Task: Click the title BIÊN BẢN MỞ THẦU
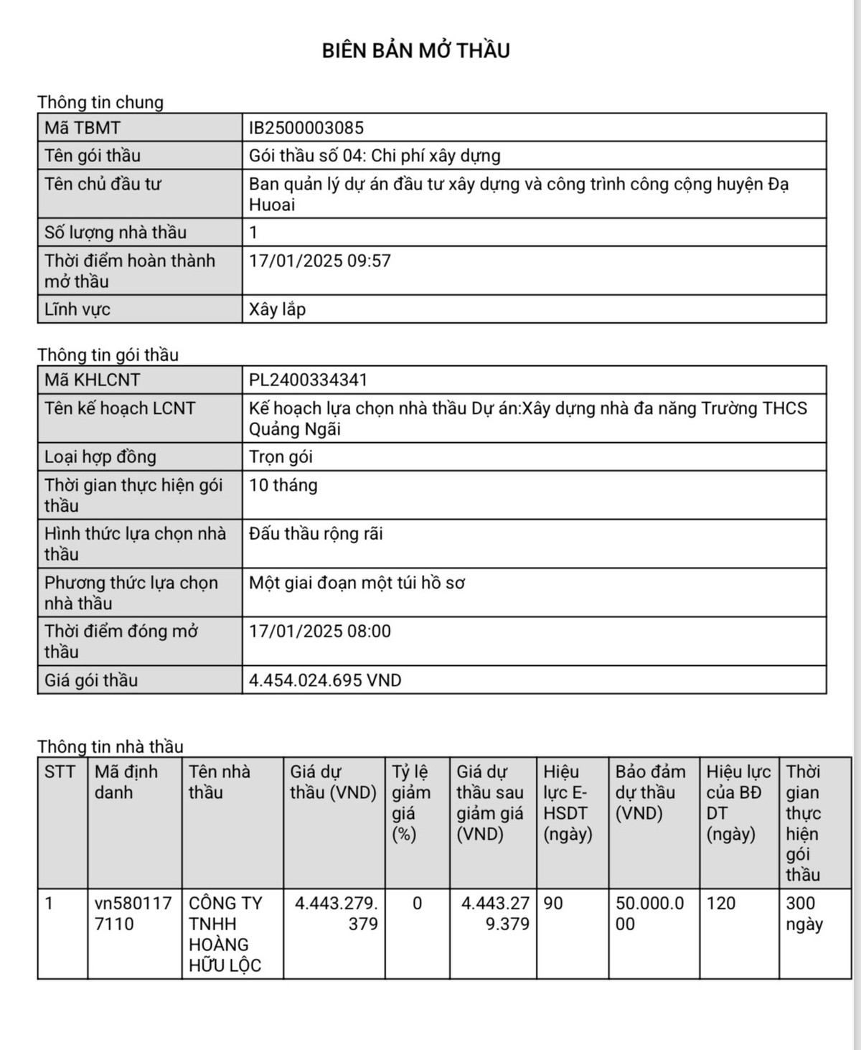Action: point(415,50)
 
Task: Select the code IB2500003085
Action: point(306,128)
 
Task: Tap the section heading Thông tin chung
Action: point(100,102)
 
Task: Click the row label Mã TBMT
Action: point(83,128)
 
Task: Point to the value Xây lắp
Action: point(277,309)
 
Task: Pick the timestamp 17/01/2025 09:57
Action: point(320,261)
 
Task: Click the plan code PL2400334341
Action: point(308,380)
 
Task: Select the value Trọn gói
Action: point(281,457)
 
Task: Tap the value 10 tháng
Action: point(283,485)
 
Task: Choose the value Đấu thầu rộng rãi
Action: point(316,534)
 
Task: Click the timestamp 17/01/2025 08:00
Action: point(320,632)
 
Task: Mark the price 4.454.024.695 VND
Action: point(325,680)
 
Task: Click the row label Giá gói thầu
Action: point(91,680)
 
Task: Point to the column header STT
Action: point(60,772)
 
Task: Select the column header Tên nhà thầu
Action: point(220,782)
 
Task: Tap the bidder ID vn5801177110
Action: point(133,914)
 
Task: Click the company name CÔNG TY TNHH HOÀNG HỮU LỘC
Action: point(225,934)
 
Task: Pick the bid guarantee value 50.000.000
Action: point(650,914)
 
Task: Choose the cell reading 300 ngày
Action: point(804,914)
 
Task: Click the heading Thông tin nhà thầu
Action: point(110,746)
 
